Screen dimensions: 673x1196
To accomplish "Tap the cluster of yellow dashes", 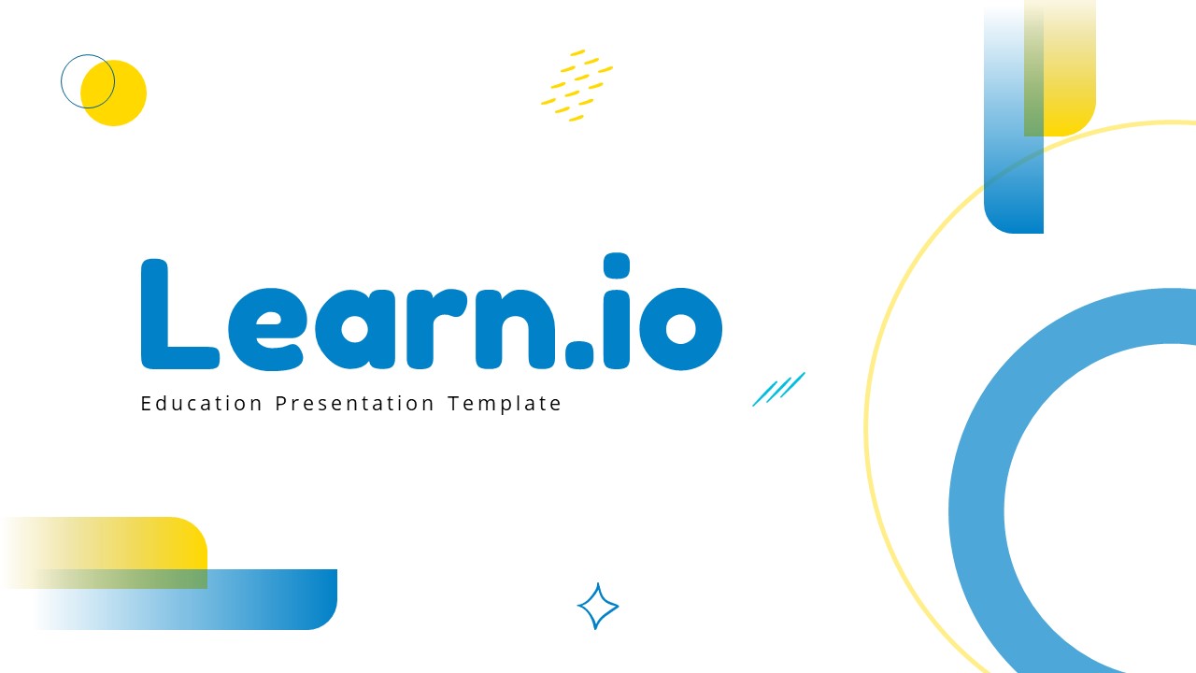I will pyautogui.click(x=577, y=85).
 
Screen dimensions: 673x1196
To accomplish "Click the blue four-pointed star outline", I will pyautogui.click(x=598, y=607).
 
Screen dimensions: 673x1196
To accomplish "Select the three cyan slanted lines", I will pyautogui.click(x=778, y=389).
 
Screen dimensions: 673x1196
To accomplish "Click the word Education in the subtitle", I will pyautogui.click(x=202, y=404).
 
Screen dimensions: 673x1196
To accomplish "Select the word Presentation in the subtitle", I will pyautogui.click(x=355, y=404).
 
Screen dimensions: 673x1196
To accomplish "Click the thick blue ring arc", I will pyautogui.click(x=977, y=505).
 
